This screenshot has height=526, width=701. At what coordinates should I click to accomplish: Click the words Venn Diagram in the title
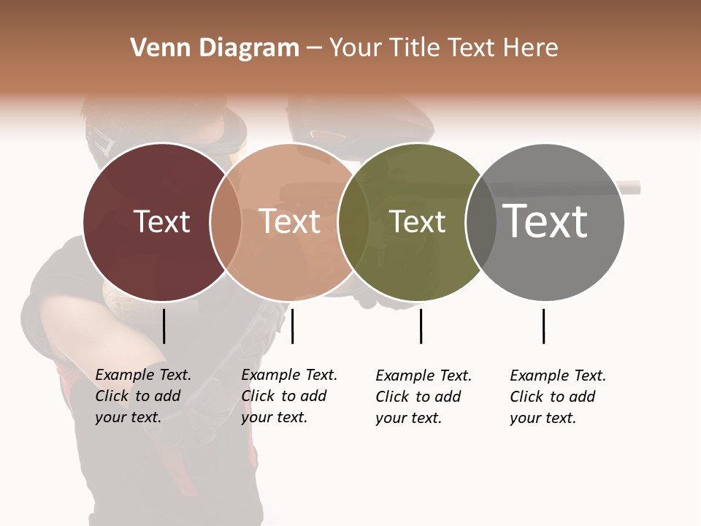(215, 48)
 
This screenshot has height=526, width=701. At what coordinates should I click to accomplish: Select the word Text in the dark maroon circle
(161, 221)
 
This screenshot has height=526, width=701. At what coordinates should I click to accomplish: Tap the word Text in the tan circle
(290, 221)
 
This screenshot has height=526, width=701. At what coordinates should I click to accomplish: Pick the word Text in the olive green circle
(417, 221)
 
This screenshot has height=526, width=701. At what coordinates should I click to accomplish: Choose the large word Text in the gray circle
(545, 221)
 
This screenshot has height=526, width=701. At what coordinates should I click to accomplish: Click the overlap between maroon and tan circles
(226, 221)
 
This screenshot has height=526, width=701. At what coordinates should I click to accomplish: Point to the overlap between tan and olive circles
(353, 221)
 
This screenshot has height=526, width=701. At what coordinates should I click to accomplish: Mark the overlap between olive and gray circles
(480, 221)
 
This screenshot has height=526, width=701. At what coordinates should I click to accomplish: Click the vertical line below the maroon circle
(164, 326)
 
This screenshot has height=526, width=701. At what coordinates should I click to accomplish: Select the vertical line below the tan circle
(292, 326)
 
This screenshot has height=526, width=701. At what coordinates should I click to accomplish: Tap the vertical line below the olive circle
(421, 326)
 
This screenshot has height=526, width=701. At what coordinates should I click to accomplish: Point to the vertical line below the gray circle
(543, 326)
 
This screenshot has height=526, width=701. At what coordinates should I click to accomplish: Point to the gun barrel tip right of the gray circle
(632, 188)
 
